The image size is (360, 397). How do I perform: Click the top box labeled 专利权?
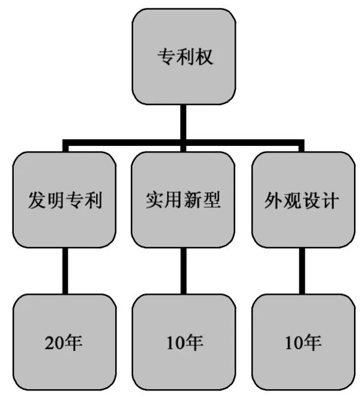[184, 57]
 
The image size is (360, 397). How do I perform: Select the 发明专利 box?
[65, 199]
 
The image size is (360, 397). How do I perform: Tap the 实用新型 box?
[184, 199]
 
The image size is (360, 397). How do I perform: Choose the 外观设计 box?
[302, 199]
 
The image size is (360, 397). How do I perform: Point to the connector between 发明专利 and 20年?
[65, 270]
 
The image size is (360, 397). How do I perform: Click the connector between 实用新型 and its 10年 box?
[184, 270]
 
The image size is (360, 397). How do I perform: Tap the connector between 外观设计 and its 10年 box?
[302, 270]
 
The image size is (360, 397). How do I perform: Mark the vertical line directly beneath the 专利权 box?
[184, 123]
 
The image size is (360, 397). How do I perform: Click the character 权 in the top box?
[204, 58]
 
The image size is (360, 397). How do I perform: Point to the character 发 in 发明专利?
[37, 200]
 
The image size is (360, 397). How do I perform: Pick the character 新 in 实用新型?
[193, 200]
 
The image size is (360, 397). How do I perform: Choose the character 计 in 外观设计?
[329, 200]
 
